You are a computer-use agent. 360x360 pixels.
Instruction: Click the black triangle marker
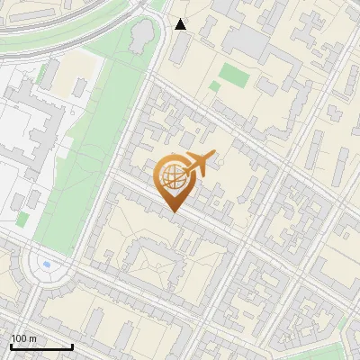[x=181, y=24]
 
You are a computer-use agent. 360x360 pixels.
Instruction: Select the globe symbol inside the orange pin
[x=172, y=178]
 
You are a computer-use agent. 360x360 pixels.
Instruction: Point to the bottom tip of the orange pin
[x=172, y=212]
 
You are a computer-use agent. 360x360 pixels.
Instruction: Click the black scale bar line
[x=41, y=347]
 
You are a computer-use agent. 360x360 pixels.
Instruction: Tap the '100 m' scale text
[x=23, y=338]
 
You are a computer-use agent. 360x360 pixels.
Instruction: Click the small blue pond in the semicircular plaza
[x=47, y=265]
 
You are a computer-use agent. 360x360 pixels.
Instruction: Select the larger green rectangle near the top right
[x=234, y=76]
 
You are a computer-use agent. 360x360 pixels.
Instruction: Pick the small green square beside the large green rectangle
[x=214, y=87]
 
